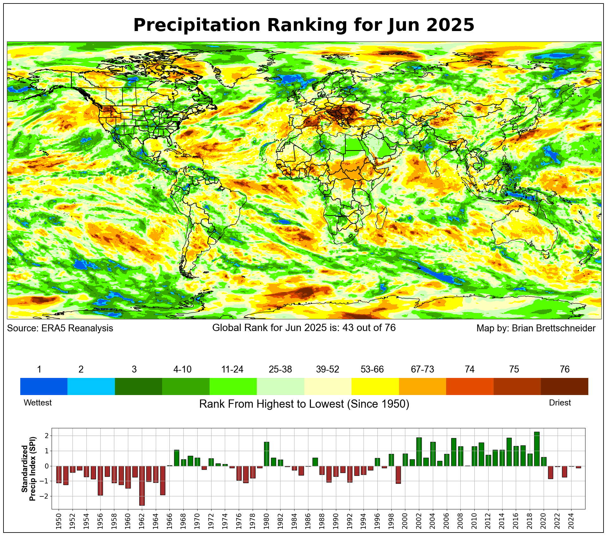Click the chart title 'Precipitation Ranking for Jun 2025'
303,25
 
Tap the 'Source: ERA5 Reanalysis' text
60,328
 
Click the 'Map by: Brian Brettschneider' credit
536,328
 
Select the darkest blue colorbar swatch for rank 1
44,386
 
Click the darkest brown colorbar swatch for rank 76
564,386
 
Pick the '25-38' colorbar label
280,369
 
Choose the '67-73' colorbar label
422,369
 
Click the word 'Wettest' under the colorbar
38,403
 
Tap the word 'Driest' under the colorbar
560,403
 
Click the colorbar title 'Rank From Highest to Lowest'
304,404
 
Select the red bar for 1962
142,485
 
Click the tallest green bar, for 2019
537,449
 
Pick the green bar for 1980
267,454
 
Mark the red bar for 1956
100,481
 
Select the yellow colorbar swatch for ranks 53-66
375,386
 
